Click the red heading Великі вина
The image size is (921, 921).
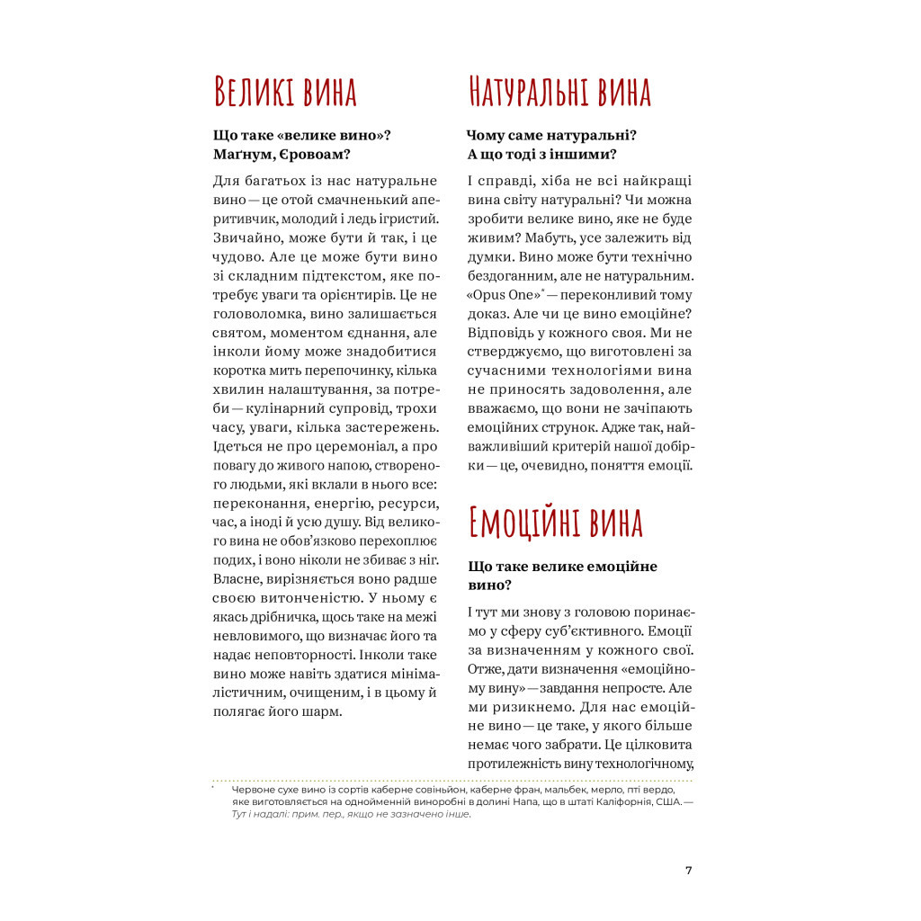pos(284,93)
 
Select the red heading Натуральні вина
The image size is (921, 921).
pos(558,93)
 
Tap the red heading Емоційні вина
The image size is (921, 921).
pos(555,523)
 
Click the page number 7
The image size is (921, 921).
pos(688,870)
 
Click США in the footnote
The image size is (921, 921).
pos(667,801)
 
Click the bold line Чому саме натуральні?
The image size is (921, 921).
pos(551,135)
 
